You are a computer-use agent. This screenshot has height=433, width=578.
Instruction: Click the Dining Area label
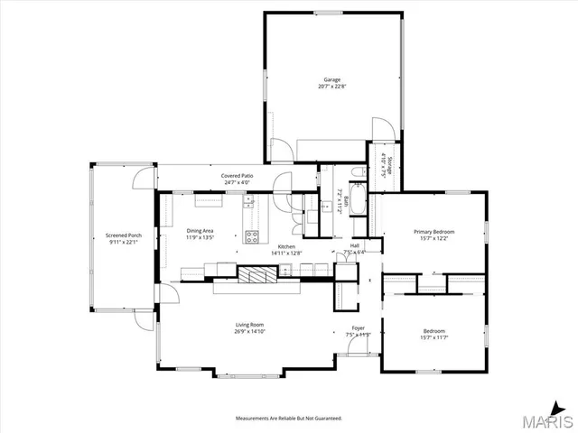coord(200,231)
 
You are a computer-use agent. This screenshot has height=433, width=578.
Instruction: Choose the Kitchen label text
coord(286,246)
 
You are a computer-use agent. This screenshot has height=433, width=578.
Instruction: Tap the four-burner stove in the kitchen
coord(253,238)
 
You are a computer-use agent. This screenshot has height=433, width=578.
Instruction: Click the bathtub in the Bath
coord(359,199)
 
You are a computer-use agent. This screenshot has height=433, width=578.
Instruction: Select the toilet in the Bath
coord(357,171)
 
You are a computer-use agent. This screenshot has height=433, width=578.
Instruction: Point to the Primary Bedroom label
coord(433,232)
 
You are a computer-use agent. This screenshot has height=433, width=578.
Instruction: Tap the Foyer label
coord(359,328)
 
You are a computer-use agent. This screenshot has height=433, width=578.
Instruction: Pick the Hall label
coord(355,245)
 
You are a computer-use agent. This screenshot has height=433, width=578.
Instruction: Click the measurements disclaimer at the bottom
coord(289,419)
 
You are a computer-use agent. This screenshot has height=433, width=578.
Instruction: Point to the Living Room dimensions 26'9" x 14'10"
coord(249,332)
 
